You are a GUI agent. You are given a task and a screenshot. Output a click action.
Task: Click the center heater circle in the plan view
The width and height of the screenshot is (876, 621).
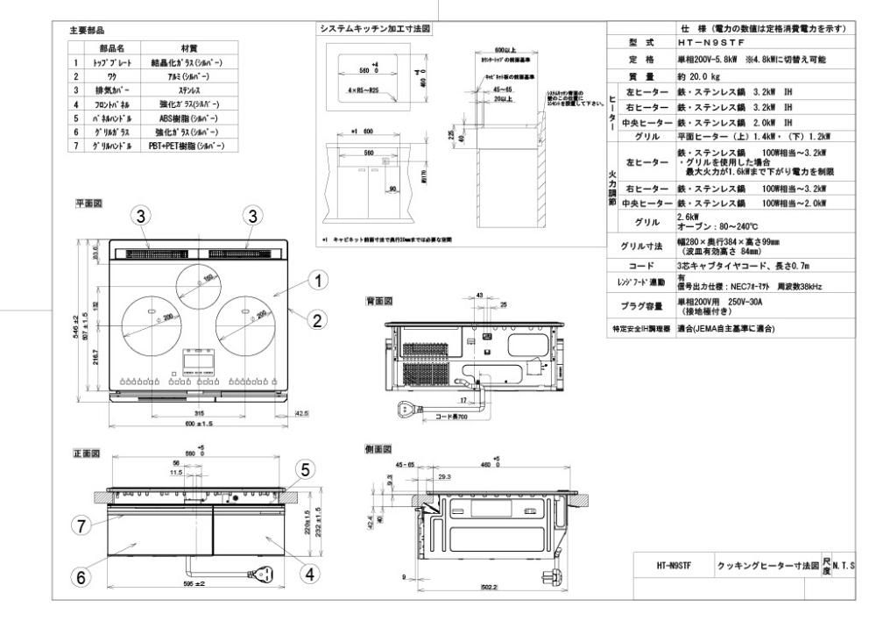coord(199,282)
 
